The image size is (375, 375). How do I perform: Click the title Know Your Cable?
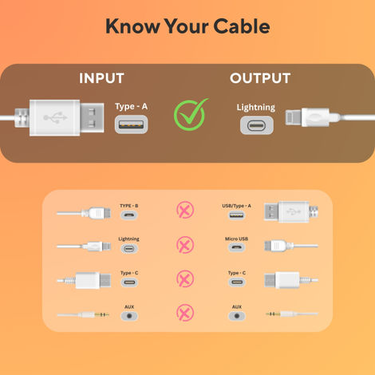tap(187, 26)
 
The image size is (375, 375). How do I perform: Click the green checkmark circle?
tap(191, 115)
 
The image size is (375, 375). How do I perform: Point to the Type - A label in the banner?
tap(131, 106)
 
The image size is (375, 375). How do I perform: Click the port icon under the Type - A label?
tap(131, 125)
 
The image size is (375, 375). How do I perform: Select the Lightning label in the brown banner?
tap(255, 107)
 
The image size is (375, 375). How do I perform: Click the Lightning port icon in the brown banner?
tap(255, 126)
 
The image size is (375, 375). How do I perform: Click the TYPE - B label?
tap(129, 206)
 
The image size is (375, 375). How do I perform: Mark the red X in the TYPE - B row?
tap(184, 211)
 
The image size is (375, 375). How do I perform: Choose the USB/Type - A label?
tap(236, 206)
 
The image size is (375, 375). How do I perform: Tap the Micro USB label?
tap(236, 239)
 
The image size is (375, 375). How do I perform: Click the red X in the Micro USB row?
tap(184, 245)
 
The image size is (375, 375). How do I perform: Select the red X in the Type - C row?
tap(184, 278)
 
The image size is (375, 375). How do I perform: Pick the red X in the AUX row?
tap(184, 312)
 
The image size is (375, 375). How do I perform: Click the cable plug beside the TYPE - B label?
tap(95, 213)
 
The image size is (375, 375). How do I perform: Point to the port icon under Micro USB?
tap(236, 248)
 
